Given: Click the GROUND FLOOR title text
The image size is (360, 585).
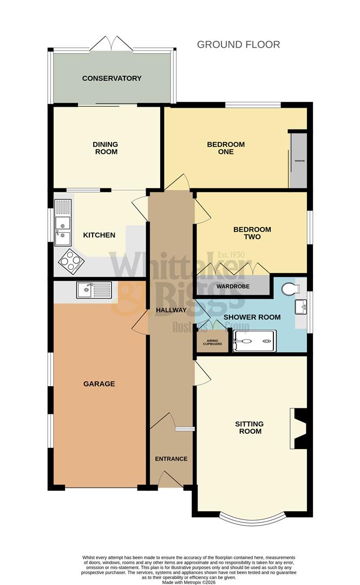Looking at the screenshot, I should pyautogui.click(x=238, y=44).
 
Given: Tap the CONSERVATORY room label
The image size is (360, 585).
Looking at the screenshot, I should pyautogui.click(x=112, y=79).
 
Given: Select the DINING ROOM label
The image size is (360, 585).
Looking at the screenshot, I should pyautogui.click(x=105, y=148).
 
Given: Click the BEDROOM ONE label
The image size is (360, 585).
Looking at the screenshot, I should pyautogui.click(x=226, y=148).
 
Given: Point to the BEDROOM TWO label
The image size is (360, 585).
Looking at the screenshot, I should pyautogui.click(x=252, y=233).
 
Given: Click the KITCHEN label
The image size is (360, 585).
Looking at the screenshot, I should pyautogui.click(x=99, y=235).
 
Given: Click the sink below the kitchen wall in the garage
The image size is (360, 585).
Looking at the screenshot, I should pyautogui.click(x=93, y=290).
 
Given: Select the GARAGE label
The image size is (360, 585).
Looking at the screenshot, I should pyautogui.click(x=99, y=384).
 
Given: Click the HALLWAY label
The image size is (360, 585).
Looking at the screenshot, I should pyautogui.click(x=171, y=310).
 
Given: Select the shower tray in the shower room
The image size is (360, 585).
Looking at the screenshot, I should pyautogui.click(x=254, y=342).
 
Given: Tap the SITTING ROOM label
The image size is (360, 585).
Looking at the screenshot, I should pyautogui.click(x=250, y=427).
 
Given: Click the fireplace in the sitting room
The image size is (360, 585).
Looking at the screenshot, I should pyautogui.click(x=299, y=427).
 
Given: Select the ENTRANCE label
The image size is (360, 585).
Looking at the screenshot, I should pyautogui.click(x=171, y=459).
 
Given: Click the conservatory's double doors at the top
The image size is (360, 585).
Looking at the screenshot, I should pyautogui.click(x=112, y=44).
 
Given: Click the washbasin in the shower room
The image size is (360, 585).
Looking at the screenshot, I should pyautogui.click(x=301, y=308).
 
